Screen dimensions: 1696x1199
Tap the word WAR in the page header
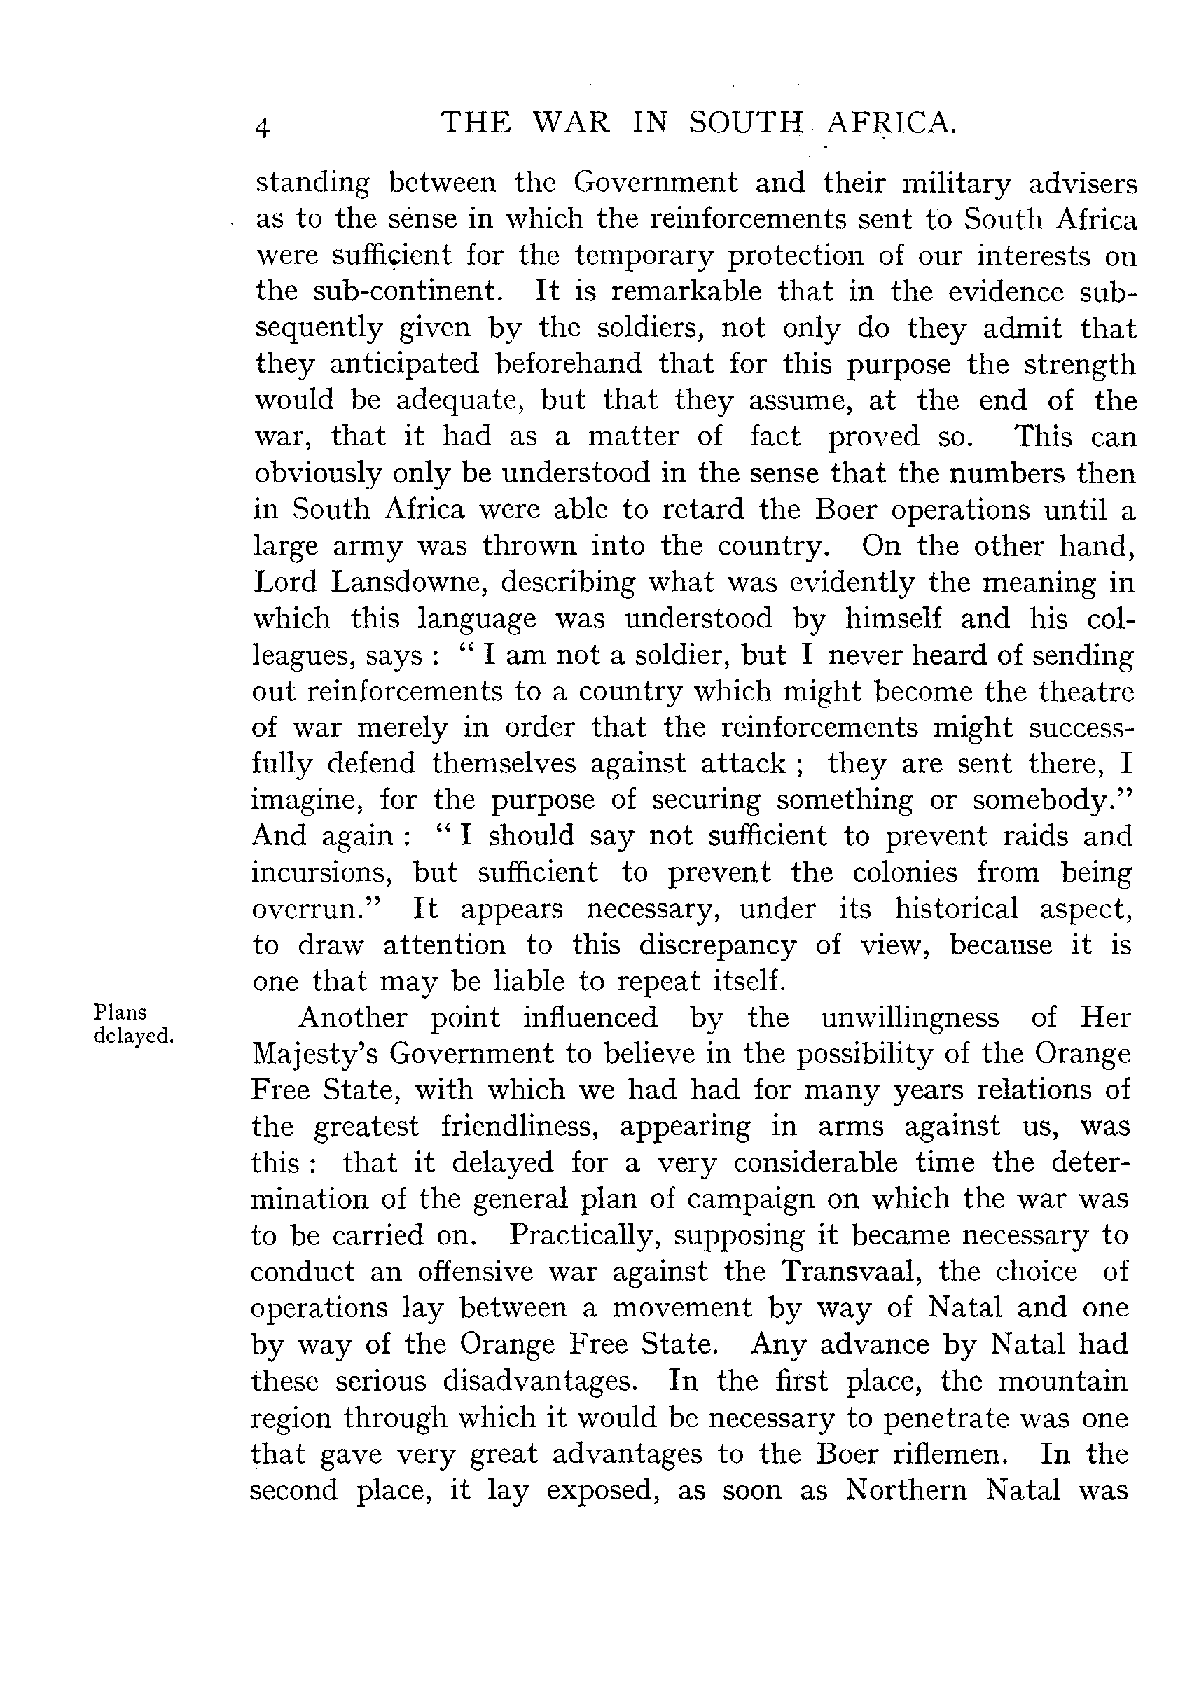(571, 123)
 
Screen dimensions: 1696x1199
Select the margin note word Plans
(120, 1012)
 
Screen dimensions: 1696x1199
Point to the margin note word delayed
(133, 1036)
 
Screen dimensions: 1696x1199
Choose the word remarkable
(686, 291)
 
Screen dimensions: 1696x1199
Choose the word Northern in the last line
(906, 1490)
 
